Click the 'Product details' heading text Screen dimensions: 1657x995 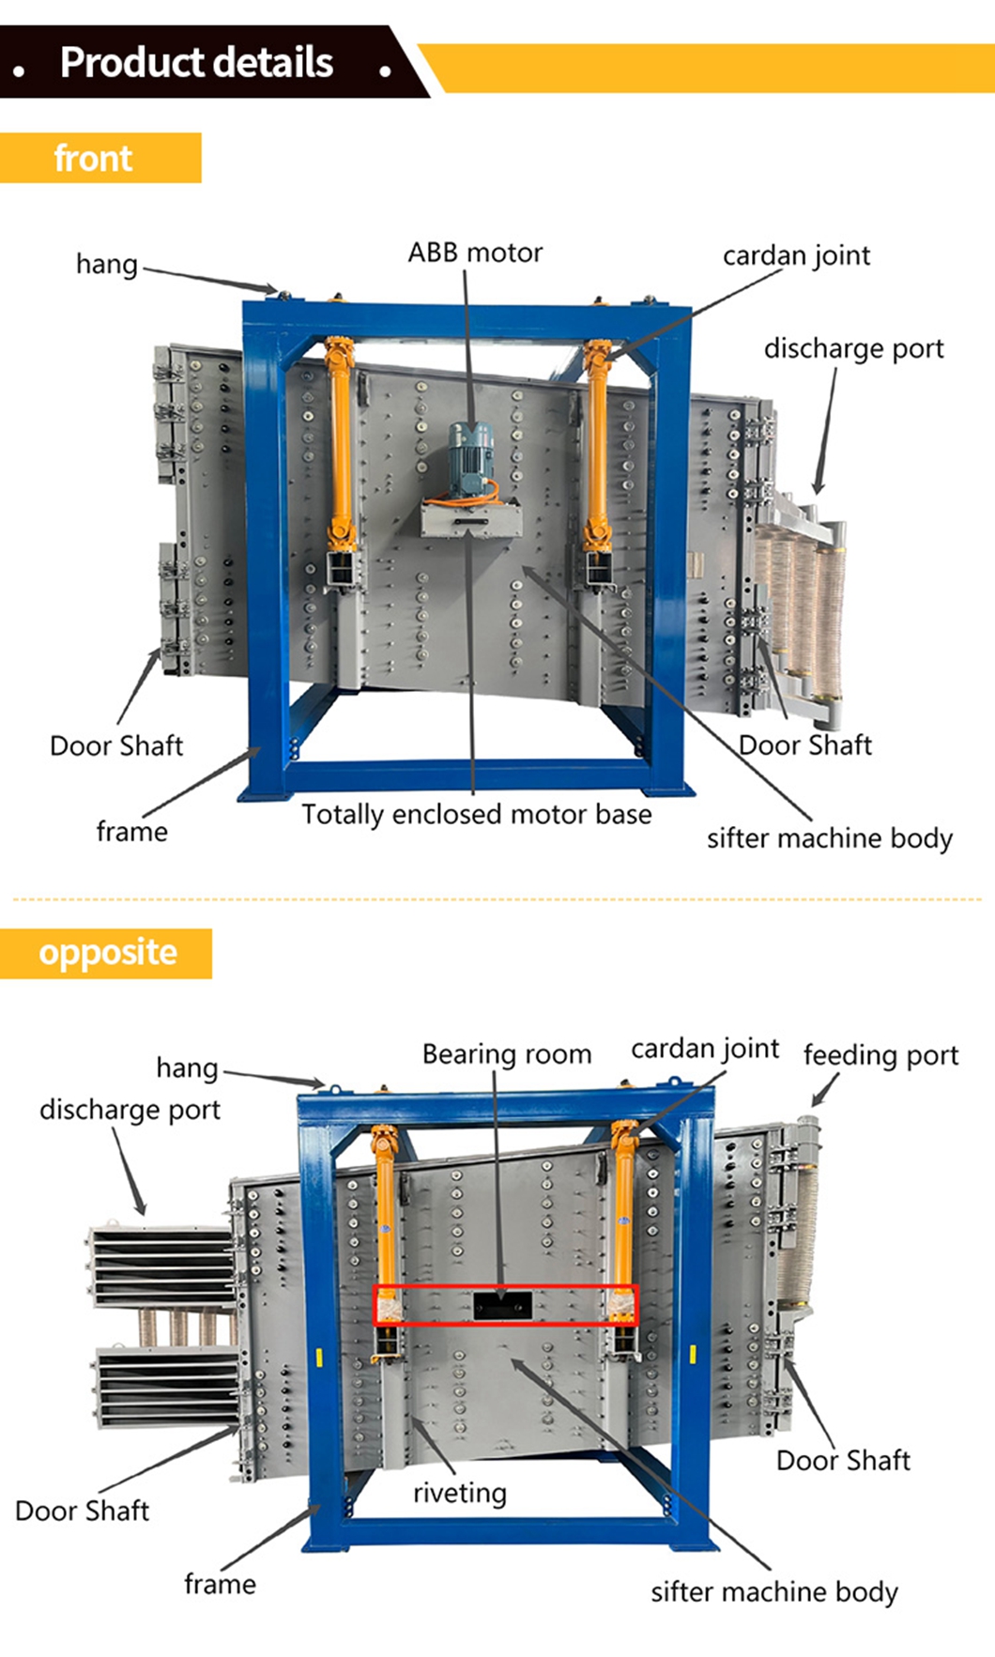coord(196,63)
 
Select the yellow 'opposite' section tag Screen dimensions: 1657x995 coord(107,953)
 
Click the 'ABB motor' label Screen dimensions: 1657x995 coord(475,253)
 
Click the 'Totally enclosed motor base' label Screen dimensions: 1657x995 coord(476,814)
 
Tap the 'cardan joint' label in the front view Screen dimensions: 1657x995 coord(796,255)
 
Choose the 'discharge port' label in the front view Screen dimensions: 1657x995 coord(853,348)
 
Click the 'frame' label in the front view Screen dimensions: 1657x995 coord(132,832)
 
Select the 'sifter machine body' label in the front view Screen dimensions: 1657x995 coord(830,837)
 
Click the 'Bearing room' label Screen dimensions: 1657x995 coord(507,1054)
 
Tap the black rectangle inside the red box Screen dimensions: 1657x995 coord(503,1305)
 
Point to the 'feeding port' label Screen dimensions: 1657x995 coord(880,1055)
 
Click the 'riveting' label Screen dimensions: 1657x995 coord(459,1493)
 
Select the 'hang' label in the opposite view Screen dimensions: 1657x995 coord(187,1067)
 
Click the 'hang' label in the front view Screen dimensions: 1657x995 coord(107,264)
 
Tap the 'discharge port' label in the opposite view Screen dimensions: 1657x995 coord(130,1110)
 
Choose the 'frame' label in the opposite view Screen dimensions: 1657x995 coord(220,1585)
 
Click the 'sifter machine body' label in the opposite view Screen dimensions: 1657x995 coord(774,1591)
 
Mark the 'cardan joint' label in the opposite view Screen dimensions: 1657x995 coord(705,1049)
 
